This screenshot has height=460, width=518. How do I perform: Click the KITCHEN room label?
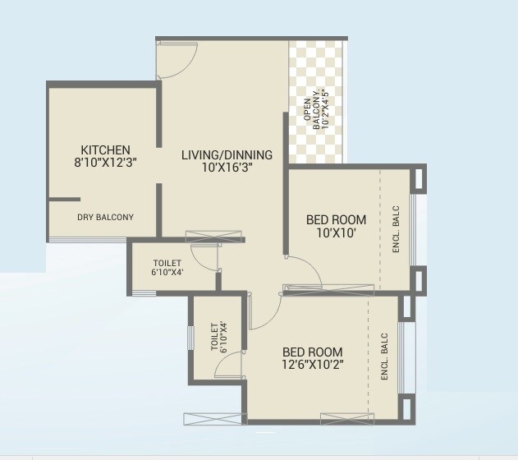click(105, 149)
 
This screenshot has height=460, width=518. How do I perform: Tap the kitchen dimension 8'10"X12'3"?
click(105, 163)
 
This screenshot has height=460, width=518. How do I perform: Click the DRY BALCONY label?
click(105, 218)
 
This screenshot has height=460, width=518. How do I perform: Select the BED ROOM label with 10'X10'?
click(336, 220)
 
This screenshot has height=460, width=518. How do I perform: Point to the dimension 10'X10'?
click(336, 233)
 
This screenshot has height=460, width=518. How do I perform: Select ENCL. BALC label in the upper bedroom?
click(396, 229)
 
